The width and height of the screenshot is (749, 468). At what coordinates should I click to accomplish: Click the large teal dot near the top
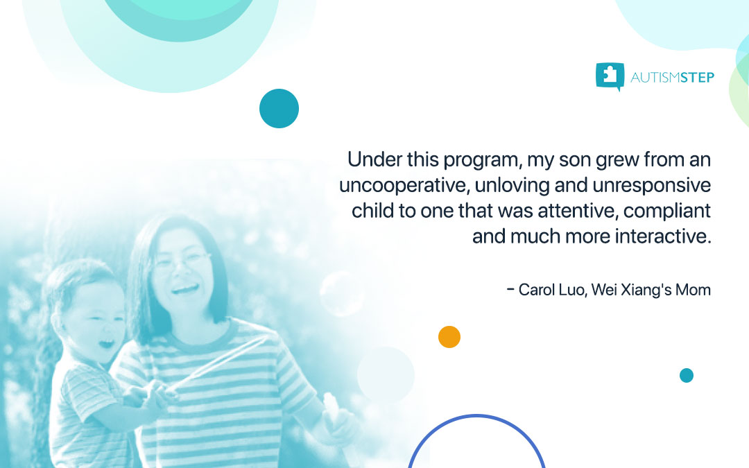tap(279, 109)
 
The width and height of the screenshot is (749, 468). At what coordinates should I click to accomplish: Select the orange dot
tap(449, 337)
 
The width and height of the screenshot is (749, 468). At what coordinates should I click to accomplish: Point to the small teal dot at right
tap(687, 375)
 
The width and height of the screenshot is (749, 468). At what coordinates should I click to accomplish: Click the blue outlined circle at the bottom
tap(476, 444)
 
